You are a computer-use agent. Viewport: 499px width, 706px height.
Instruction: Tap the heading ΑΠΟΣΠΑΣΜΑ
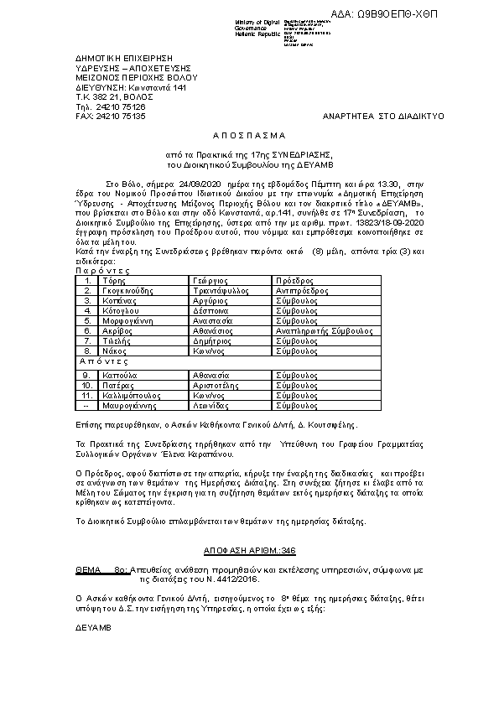point(249,134)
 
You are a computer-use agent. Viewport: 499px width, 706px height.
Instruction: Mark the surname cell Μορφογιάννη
point(127,320)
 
